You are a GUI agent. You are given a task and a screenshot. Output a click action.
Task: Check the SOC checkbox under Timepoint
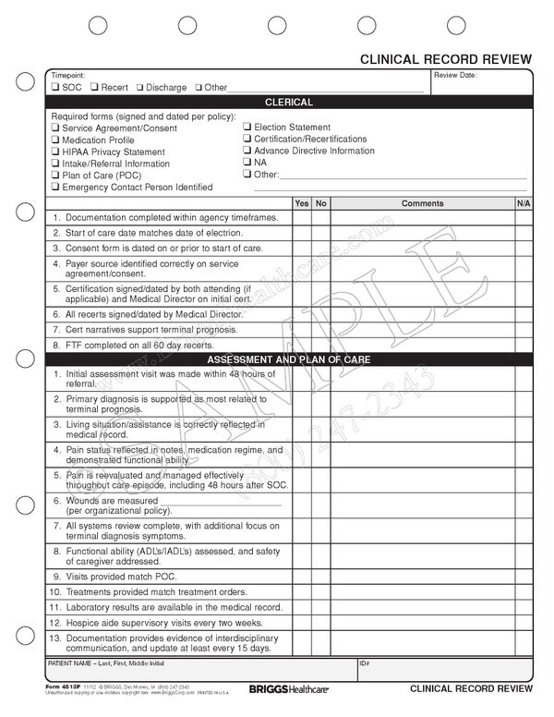pos(55,88)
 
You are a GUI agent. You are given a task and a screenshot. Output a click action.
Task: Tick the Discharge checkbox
pos(139,88)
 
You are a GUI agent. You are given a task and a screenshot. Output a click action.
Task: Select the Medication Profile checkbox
pos(55,140)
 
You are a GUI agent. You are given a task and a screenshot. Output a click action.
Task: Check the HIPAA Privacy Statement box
pos(55,152)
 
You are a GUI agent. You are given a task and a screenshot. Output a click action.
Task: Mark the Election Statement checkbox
pos(247,128)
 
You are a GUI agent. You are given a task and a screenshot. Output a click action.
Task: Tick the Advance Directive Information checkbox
pos(247,151)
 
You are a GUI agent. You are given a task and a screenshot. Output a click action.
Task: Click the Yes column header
pos(301,202)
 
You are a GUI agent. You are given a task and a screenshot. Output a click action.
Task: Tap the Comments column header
pos(422,202)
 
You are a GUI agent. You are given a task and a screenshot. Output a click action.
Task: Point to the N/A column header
pos(523,202)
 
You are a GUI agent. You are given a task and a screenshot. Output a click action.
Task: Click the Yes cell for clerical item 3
pos(301,249)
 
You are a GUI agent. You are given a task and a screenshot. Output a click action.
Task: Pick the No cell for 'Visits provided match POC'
pos(320,576)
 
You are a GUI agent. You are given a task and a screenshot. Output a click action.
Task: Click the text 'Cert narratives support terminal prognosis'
pos(151,330)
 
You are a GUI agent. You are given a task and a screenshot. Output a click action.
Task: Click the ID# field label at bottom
pos(366,664)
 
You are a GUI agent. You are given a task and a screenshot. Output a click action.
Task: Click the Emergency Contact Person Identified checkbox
pos(55,188)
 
